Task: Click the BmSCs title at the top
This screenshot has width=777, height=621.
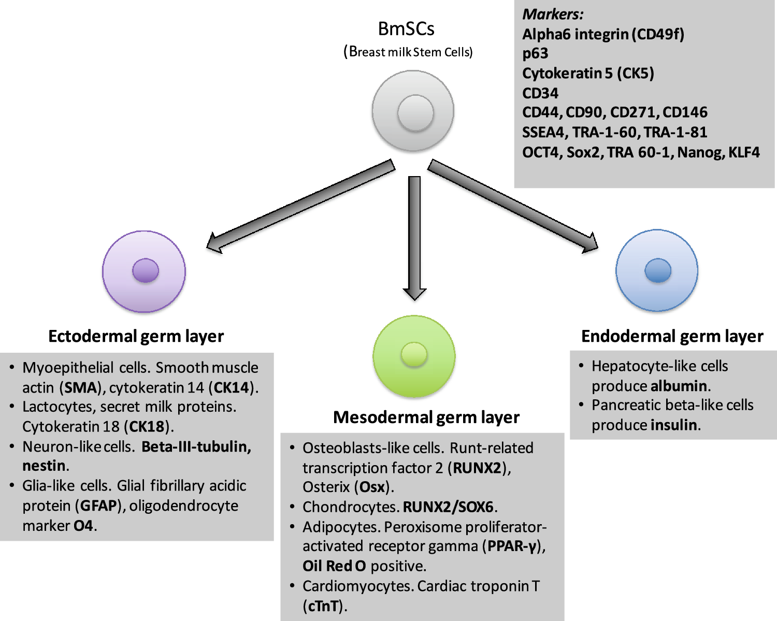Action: pos(406,29)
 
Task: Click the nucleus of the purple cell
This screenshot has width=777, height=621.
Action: pos(146,270)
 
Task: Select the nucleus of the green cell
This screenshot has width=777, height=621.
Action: pos(414,355)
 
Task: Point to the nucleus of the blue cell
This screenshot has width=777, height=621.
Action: pos(658,270)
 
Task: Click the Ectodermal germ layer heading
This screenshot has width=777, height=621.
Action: pos(136,336)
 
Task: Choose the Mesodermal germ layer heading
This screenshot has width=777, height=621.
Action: pos(426,417)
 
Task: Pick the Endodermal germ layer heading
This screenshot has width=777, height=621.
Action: pos(672,336)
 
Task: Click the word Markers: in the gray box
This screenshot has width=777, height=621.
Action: pos(553,14)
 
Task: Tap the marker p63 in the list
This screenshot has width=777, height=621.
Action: pos(535,53)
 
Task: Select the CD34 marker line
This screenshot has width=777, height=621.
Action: pos(540,93)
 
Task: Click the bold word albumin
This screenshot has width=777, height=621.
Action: pos(679,386)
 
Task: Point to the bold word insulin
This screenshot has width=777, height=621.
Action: pos(674,425)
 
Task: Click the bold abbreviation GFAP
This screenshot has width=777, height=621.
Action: pos(98,506)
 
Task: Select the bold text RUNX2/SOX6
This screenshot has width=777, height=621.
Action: pos(448,507)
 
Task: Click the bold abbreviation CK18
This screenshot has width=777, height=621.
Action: pos(147,426)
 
